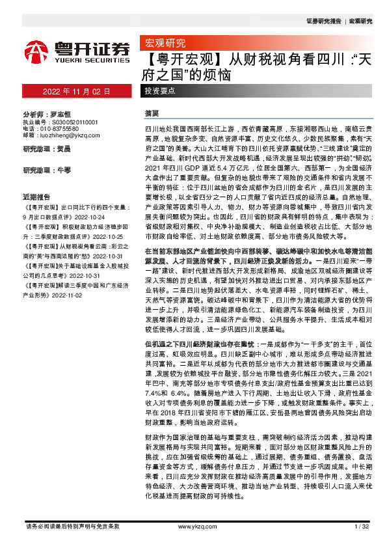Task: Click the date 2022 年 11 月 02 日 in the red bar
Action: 77,91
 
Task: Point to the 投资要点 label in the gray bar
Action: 160,91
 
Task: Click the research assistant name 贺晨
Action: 64,149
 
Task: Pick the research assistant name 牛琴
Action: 64,170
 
